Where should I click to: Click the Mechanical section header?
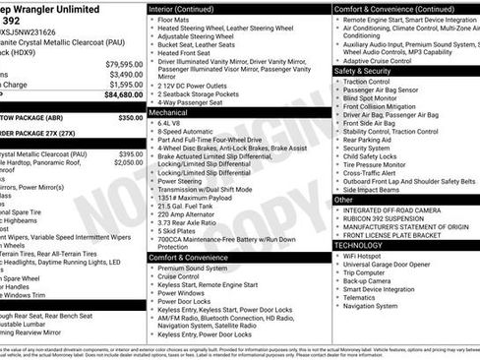click(x=171, y=112)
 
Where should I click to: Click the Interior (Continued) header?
click(x=187, y=8)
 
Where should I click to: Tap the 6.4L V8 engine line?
click(x=174, y=124)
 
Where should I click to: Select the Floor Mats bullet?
click(x=178, y=20)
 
